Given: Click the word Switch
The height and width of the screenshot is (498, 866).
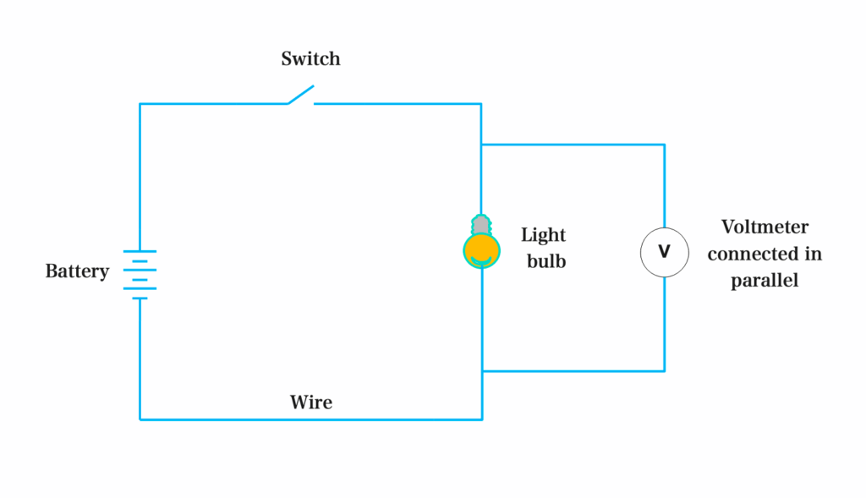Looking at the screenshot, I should (310, 59).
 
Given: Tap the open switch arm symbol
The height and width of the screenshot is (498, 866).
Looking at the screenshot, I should (301, 95).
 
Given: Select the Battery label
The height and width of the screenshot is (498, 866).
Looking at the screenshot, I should (77, 271).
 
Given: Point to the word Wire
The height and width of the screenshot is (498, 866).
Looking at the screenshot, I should (311, 402).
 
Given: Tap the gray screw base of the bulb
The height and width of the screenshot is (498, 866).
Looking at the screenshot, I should (481, 225).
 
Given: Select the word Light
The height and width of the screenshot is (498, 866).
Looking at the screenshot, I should (543, 235).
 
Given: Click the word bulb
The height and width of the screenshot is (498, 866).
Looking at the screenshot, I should (546, 261).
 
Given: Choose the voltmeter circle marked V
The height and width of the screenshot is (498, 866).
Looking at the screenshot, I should (664, 253).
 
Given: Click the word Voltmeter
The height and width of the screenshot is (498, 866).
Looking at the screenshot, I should (765, 227).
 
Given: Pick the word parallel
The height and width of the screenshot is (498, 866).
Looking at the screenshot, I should (765, 281).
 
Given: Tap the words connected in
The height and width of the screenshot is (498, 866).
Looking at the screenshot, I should (765, 254).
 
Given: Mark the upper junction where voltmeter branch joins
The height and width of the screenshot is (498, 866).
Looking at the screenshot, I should (481, 145).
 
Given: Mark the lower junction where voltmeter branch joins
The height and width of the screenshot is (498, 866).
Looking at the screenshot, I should (481, 370).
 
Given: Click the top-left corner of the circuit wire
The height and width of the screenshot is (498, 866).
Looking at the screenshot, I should (140, 104).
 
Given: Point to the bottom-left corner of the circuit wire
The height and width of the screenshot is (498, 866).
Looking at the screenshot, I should (140, 419).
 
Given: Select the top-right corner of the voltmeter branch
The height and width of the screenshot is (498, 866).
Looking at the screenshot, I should (664, 145).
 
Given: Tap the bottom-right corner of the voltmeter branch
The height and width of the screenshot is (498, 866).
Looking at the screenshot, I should (664, 370).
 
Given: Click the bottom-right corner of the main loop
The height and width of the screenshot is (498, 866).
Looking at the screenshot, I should (481, 419).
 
